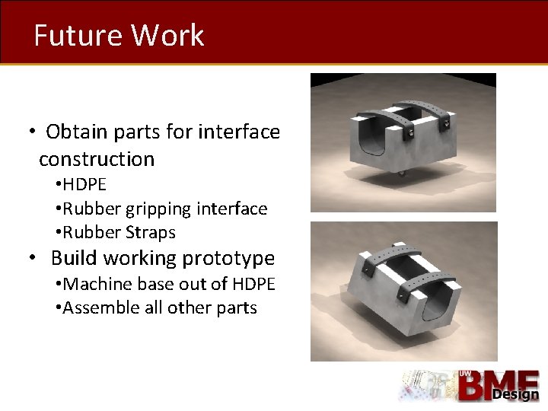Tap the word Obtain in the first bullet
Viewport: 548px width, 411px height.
(x=77, y=132)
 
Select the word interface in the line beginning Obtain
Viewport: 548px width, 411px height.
(x=239, y=132)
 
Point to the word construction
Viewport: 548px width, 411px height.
(x=97, y=159)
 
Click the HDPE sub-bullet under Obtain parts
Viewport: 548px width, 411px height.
(x=84, y=184)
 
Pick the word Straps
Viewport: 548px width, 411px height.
(x=150, y=232)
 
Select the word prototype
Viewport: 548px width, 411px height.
(x=231, y=258)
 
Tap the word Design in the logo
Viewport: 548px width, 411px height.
(x=515, y=394)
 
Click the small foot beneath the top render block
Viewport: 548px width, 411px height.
(x=402, y=174)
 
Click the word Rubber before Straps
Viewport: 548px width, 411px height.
(x=89, y=232)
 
